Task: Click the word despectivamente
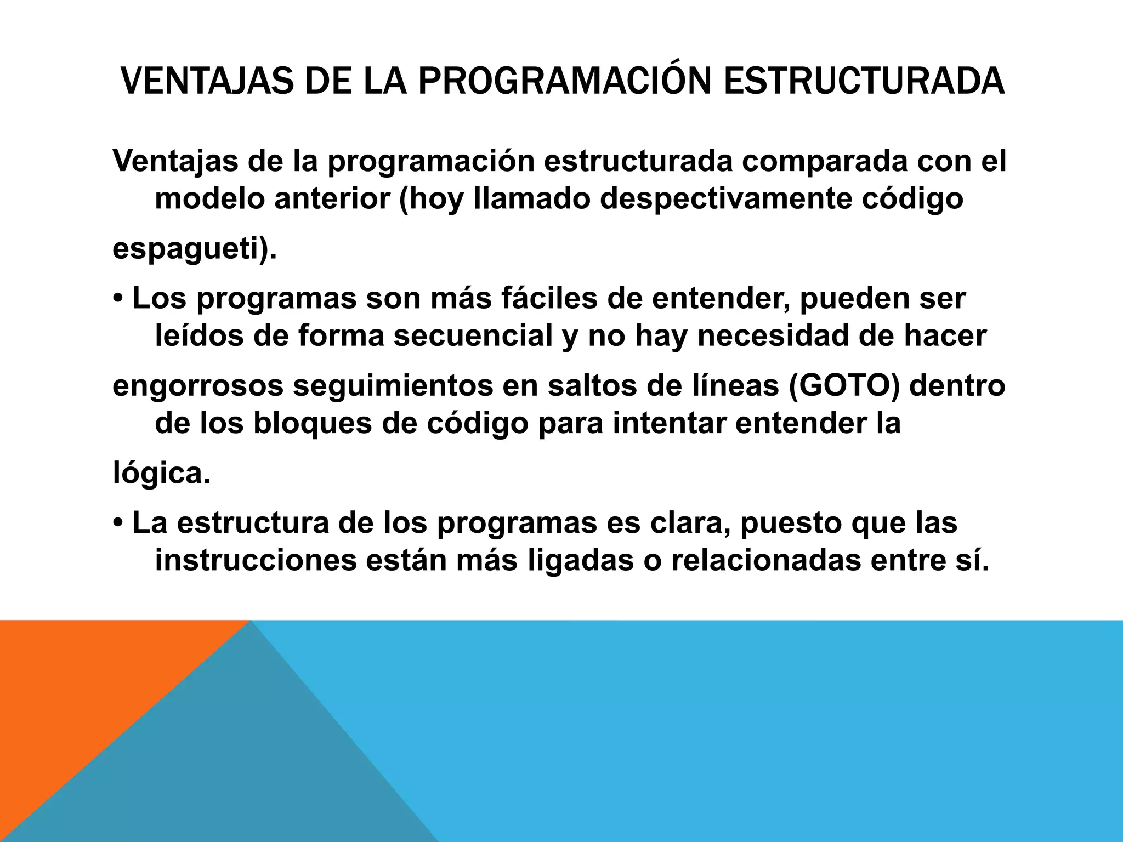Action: click(725, 198)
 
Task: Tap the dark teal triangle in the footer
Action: click(247, 767)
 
